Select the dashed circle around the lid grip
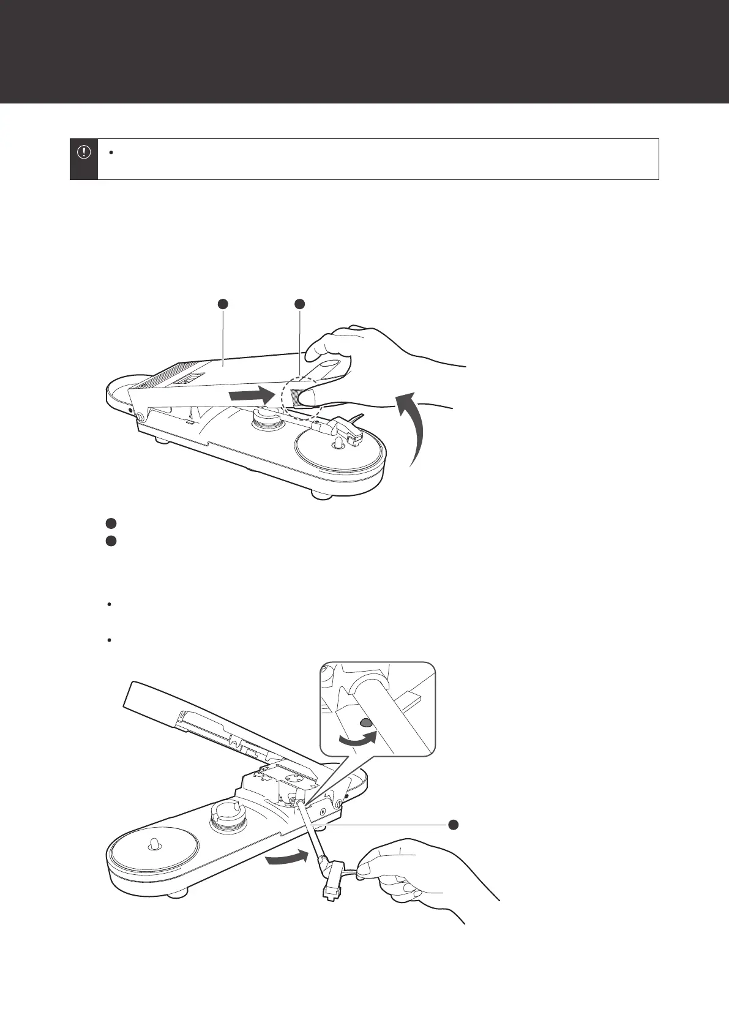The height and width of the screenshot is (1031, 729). click(x=299, y=399)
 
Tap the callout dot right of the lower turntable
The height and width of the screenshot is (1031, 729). click(x=454, y=824)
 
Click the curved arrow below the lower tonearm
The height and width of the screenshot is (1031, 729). click(x=285, y=859)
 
